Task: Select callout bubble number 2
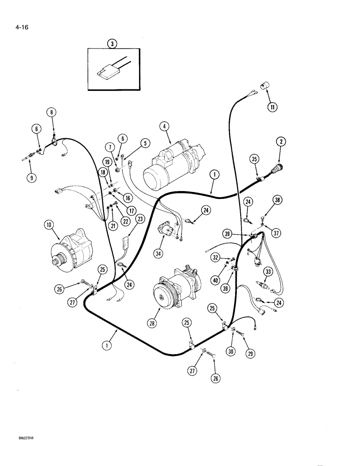(281, 143)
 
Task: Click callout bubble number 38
(277, 200)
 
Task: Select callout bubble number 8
(51, 112)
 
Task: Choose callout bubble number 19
(106, 162)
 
